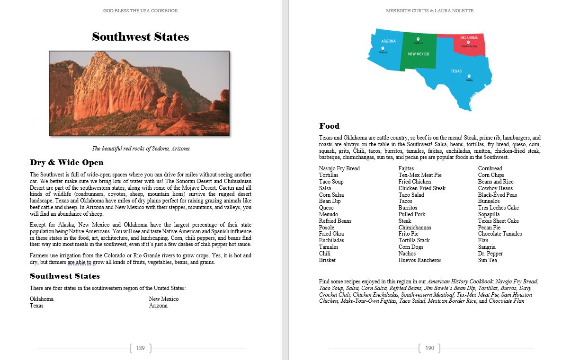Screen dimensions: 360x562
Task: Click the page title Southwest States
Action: point(141,37)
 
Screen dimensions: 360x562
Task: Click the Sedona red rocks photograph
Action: point(139,93)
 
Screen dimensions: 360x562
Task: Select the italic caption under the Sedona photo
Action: point(141,149)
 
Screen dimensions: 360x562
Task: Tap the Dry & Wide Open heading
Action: point(66,163)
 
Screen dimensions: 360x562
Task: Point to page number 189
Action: point(140,348)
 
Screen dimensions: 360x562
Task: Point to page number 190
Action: point(429,348)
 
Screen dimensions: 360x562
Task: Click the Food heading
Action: point(329,126)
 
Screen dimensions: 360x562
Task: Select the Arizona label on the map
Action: point(388,41)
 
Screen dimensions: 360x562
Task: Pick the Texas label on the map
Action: point(456,71)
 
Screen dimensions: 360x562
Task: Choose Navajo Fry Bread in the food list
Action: point(339,168)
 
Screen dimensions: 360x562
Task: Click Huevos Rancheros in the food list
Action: point(419,260)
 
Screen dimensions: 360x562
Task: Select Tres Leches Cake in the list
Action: point(498,208)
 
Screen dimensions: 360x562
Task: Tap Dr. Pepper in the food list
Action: point(490,254)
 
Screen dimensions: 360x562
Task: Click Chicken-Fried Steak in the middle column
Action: point(422,188)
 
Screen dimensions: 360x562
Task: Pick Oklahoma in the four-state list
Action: point(42,299)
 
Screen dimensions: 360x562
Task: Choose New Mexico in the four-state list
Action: point(163,299)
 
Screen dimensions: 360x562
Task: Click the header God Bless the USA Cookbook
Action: point(141,11)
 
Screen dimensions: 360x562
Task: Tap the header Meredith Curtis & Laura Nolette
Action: point(429,11)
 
